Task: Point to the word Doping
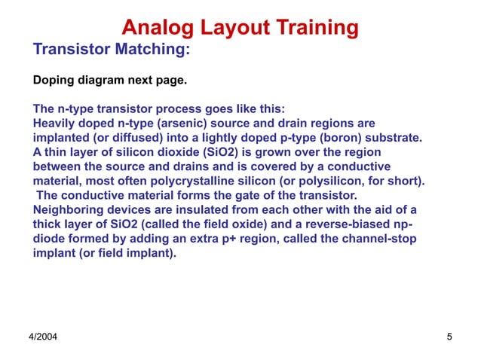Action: click(x=55, y=79)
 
